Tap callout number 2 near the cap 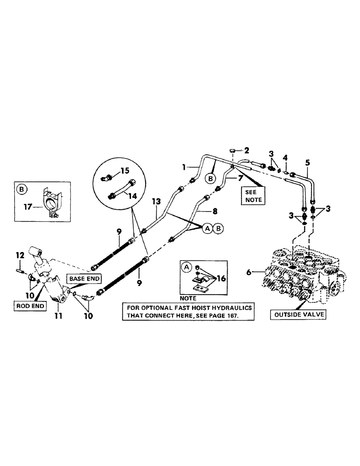coord(247,150)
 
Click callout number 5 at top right coord(307,163)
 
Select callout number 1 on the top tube coord(185,165)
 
